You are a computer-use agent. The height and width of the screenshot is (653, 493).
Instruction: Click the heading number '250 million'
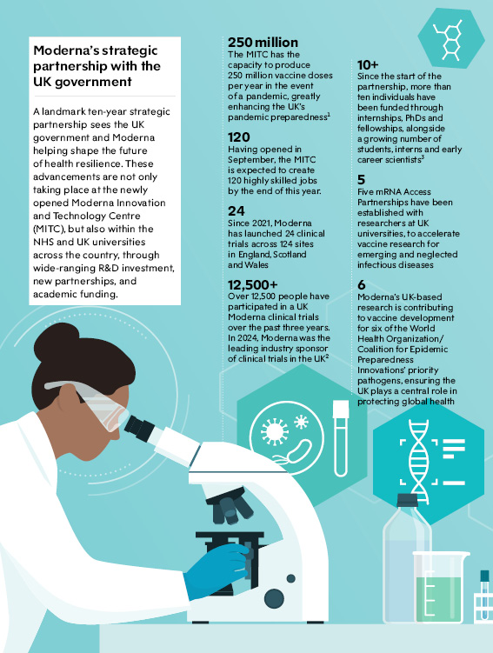pyautogui.click(x=263, y=43)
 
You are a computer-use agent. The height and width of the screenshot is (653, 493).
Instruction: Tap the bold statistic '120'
pyautogui.click(x=238, y=137)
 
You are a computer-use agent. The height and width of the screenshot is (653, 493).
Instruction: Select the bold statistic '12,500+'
pyautogui.click(x=252, y=285)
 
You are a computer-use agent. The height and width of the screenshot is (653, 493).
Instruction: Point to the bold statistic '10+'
pyautogui.click(x=368, y=64)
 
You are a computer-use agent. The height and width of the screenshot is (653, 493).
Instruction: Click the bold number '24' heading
pyautogui.click(x=237, y=210)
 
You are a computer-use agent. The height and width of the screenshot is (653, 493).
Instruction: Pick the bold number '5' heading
pyautogui.click(x=361, y=179)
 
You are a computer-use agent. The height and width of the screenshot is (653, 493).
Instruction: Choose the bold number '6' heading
pyautogui.click(x=362, y=284)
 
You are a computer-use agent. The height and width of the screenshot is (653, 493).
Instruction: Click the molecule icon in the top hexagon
pyautogui.click(x=448, y=40)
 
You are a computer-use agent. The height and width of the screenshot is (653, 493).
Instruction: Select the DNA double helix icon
pyautogui.click(x=418, y=461)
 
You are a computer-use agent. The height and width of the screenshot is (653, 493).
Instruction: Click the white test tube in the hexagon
pyautogui.click(x=341, y=438)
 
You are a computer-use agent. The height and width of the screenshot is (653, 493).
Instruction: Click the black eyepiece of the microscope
pyautogui.click(x=139, y=428)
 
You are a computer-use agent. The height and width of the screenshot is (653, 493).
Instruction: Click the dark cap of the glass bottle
pyautogui.click(x=407, y=501)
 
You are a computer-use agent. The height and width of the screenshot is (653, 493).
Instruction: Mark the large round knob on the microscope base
pyautogui.click(x=274, y=598)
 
